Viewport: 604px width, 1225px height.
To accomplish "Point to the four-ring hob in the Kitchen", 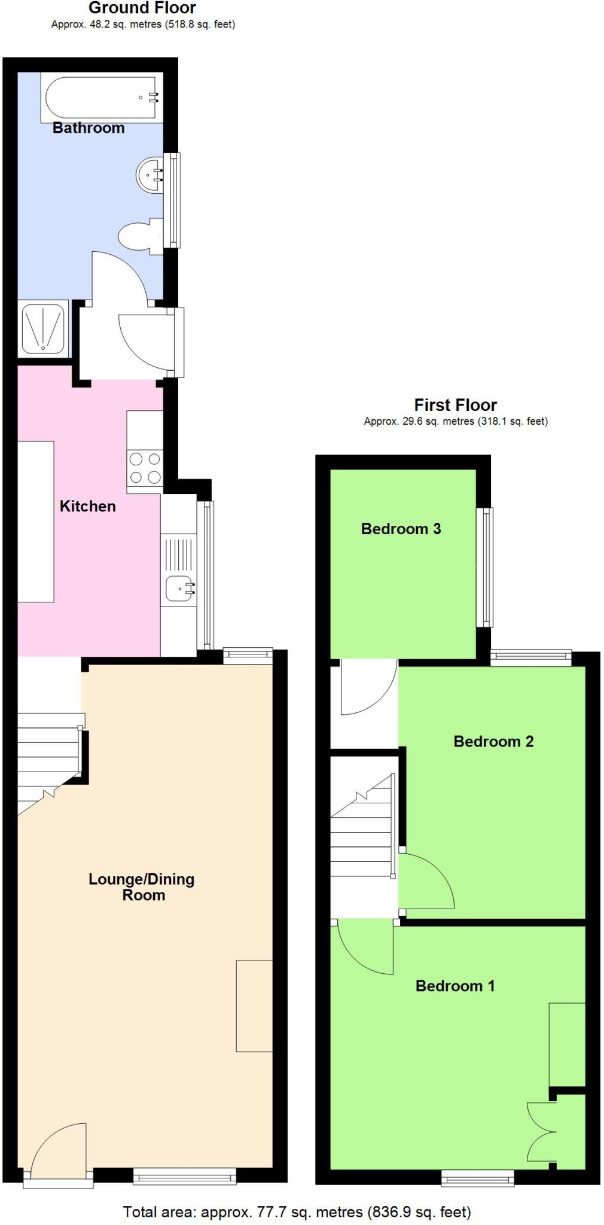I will pyautogui.click(x=145, y=468).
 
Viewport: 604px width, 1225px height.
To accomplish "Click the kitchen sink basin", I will pyautogui.click(x=179, y=588).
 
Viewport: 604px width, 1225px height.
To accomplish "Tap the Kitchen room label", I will pyautogui.click(x=87, y=506).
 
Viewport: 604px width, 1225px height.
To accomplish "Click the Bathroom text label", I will pyautogui.click(x=89, y=127).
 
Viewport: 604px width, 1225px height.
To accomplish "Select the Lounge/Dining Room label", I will pyautogui.click(x=142, y=886).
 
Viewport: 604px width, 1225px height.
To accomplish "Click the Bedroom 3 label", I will pyautogui.click(x=401, y=528).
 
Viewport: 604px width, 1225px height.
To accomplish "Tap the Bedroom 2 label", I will pyautogui.click(x=493, y=741).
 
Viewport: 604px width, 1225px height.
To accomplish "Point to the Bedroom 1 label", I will pyautogui.click(x=454, y=985).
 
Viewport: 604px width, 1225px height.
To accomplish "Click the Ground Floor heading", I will pyautogui.click(x=142, y=8).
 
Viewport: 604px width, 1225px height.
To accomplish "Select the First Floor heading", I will pyautogui.click(x=455, y=405).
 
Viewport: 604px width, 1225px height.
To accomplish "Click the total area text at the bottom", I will pyautogui.click(x=297, y=1212).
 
